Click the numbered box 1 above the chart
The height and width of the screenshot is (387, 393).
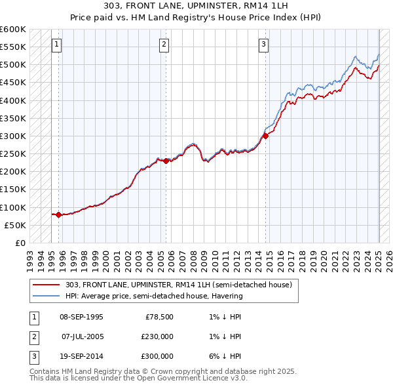(56, 45)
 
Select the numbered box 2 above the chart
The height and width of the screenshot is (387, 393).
(163, 45)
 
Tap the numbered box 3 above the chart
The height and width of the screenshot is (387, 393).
(263, 45)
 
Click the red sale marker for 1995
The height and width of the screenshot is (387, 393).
(59, 214)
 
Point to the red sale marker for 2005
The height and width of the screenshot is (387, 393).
(166, 161)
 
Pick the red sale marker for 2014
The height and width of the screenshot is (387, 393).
(266, 136)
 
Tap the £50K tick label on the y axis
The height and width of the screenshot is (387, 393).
(16, 225)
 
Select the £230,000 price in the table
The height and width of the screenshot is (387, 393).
(157, 336)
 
